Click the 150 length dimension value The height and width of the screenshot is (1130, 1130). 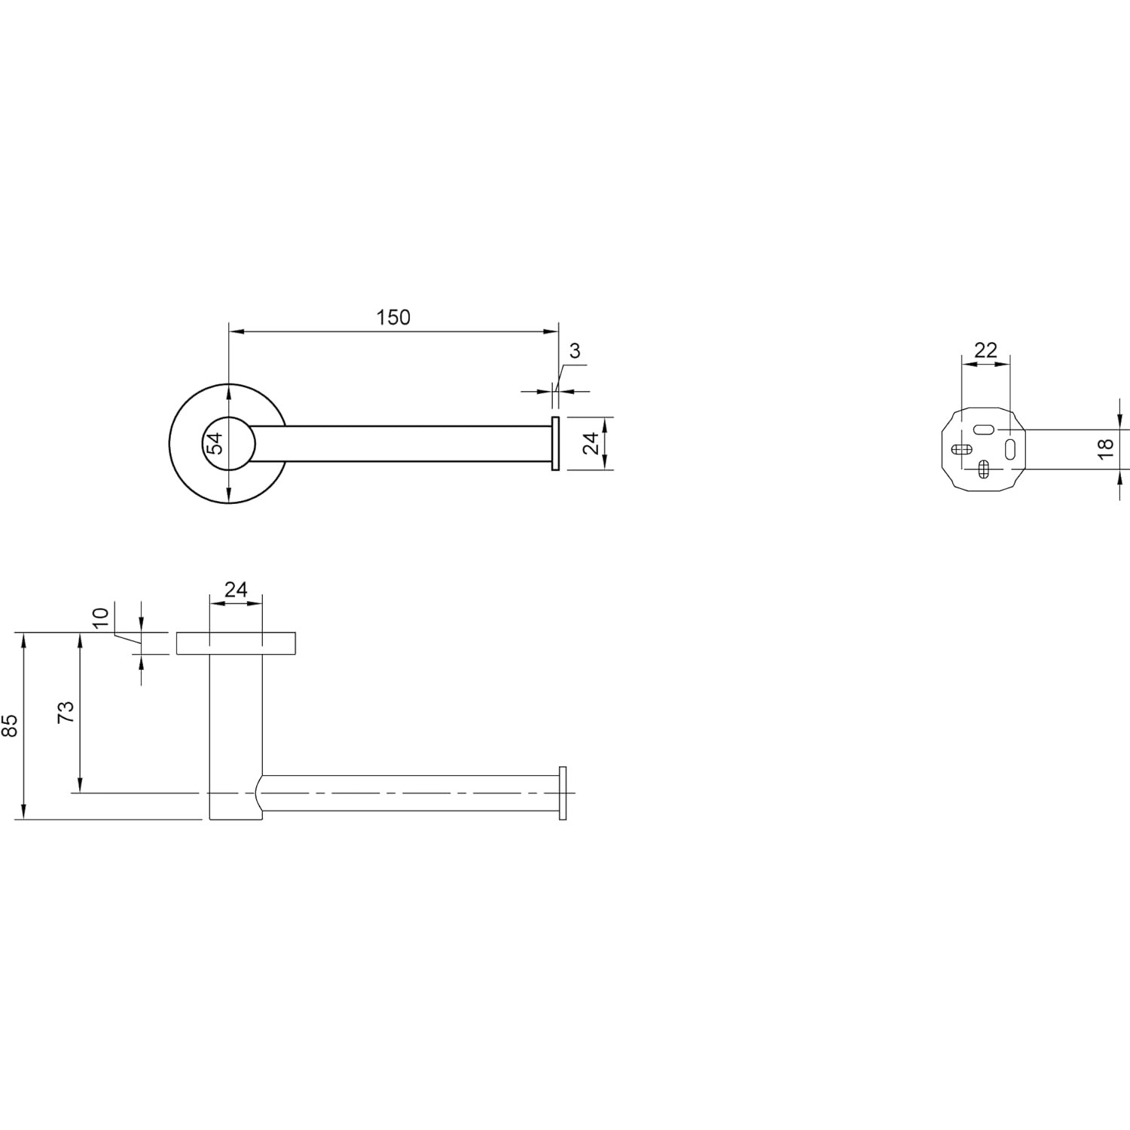point(394,317)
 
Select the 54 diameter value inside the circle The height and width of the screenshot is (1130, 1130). point(215,444)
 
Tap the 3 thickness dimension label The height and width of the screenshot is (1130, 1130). point(576,350)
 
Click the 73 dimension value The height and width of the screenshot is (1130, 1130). point(66,712)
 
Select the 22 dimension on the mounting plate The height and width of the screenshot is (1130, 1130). point(985,350)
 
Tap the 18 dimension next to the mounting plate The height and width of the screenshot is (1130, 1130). point(1105,449)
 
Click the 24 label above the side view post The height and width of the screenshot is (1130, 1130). point(236,589)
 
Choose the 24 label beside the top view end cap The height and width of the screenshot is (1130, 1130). point(591,443)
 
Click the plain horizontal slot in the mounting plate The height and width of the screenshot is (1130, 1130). point(984,429)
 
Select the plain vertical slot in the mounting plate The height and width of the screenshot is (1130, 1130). point(1010,450)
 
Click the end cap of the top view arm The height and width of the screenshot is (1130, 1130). point(555,444)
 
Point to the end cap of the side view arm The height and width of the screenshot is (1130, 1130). point(562,793)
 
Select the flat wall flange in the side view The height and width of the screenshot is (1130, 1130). point(236,643)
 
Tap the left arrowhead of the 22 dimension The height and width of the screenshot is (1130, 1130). point(966,364)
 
